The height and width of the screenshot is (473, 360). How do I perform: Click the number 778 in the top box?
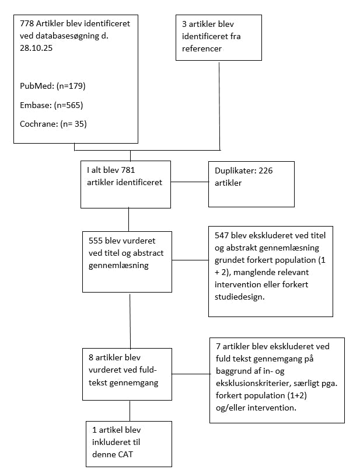pos(27,24)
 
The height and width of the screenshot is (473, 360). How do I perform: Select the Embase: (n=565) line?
pos(53,105)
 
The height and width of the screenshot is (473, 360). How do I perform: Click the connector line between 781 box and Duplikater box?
pos(190,182)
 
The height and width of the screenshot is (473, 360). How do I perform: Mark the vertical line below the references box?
pos(219,105)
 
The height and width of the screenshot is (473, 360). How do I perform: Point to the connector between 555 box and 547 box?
pos(190,259)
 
